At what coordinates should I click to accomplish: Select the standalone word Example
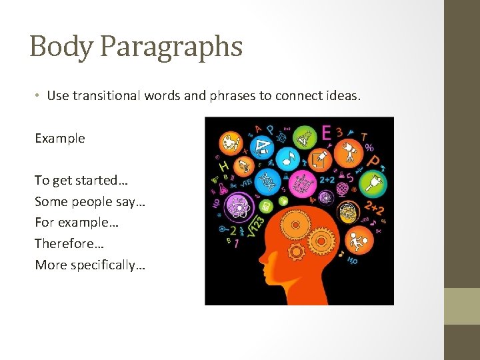pyautogui.click(x=60, y=138)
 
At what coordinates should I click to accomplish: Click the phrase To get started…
pyautogui.click(x=81, y=181)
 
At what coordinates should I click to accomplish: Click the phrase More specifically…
pyautogui.click(x=90, y=265)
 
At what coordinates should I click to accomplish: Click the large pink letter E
pyautogui.click(x=325, y=133)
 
